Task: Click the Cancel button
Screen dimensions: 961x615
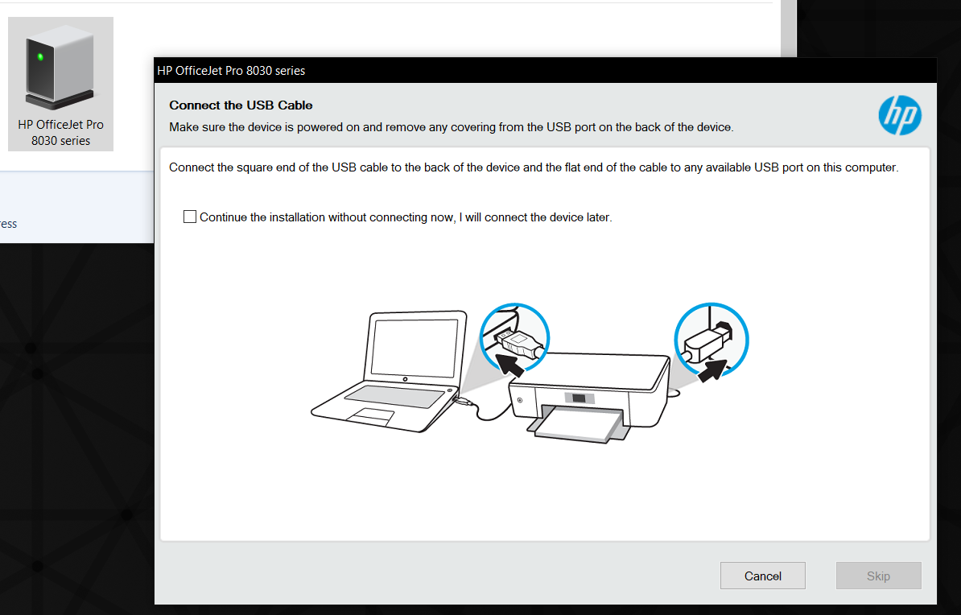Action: point(762,576)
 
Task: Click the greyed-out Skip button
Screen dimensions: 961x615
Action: point(878,576)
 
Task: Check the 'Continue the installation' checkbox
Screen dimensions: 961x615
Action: point(190,217)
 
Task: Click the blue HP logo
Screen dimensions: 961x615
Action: point(900,115)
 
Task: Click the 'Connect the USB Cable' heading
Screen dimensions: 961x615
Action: point(241,105)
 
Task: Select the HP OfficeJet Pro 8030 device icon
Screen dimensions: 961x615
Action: point(60,84)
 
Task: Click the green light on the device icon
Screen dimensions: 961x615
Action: point(40,57)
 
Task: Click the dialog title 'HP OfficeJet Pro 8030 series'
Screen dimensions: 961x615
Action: point(231,71)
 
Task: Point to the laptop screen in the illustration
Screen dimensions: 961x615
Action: point(415,347)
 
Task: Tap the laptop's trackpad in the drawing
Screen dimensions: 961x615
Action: point(369,416)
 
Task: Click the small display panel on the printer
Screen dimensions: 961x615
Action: point(579,398)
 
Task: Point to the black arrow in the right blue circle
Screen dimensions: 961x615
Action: point(713,369)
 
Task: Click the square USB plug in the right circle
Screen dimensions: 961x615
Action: point(707,343)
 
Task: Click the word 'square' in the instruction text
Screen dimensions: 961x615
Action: point(254,167)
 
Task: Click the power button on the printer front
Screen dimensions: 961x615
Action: point(520,400)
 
